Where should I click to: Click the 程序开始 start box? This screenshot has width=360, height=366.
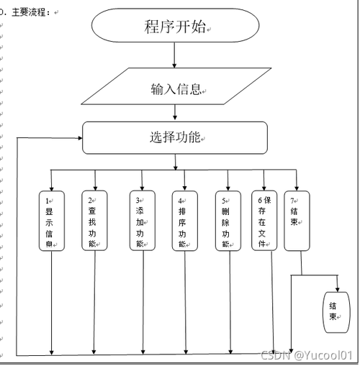pyautogui.click(x=175, y=27)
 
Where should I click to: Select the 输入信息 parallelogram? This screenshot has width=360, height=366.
pyautogui.click(x=175, y=89)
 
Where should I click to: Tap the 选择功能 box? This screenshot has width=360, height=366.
pyautogui.click(x=175, y=137)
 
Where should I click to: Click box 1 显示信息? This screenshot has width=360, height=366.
pyautogui.click(x=52, y=220)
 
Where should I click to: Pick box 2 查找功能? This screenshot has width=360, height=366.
pyautogui.click(x=94, y=220)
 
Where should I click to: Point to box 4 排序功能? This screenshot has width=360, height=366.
pyautogui.click(x=184, y=220)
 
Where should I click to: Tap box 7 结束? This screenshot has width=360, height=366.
pyautogui.click(x=296, y=220)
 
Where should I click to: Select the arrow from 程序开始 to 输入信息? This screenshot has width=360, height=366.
pyautogui.click(x=175, y=57)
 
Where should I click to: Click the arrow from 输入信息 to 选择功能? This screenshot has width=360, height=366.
pyautogui.click(x=175, y=113)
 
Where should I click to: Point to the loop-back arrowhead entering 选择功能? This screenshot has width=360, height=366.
pyautogui.click(x=79, y=137)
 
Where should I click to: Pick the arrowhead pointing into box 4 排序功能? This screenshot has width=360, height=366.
pyautogui.click(x=184, y=187)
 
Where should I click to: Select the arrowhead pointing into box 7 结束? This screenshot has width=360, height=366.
pyautogui.click(x=296, y=187)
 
